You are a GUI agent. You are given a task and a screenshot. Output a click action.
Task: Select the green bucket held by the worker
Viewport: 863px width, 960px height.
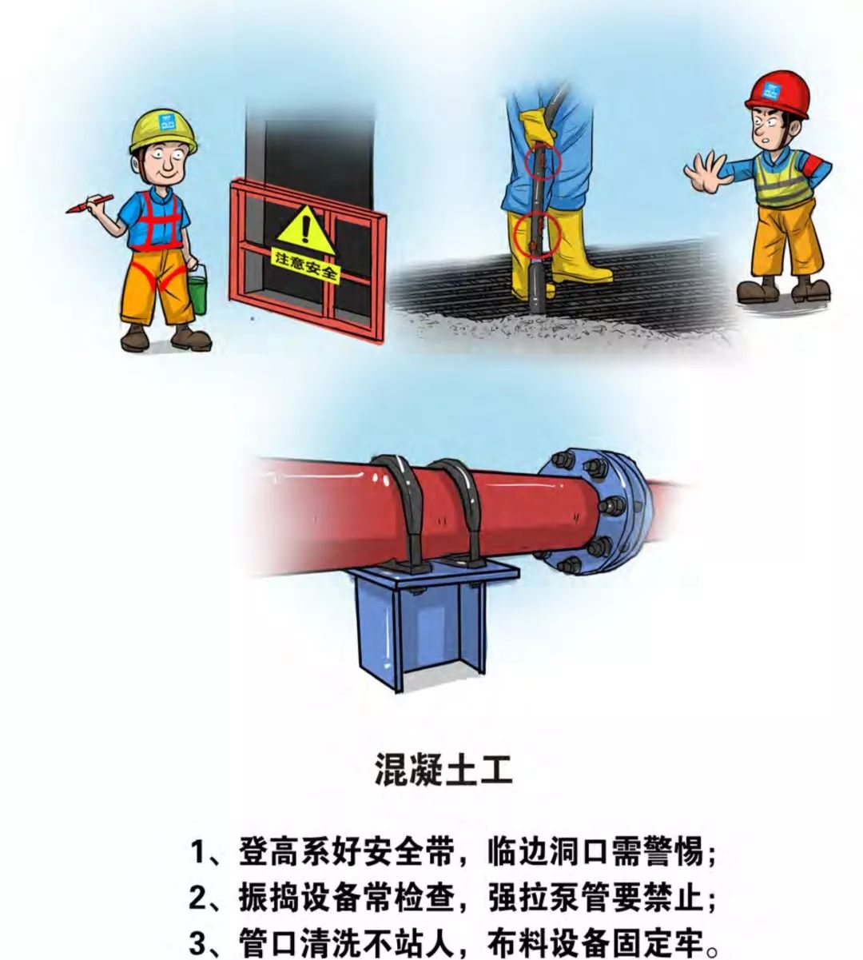coord(197,293)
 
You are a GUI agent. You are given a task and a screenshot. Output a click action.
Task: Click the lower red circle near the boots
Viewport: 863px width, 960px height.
coord(537,234)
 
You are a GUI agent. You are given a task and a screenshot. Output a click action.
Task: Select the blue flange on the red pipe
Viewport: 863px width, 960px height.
coord(595,512)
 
